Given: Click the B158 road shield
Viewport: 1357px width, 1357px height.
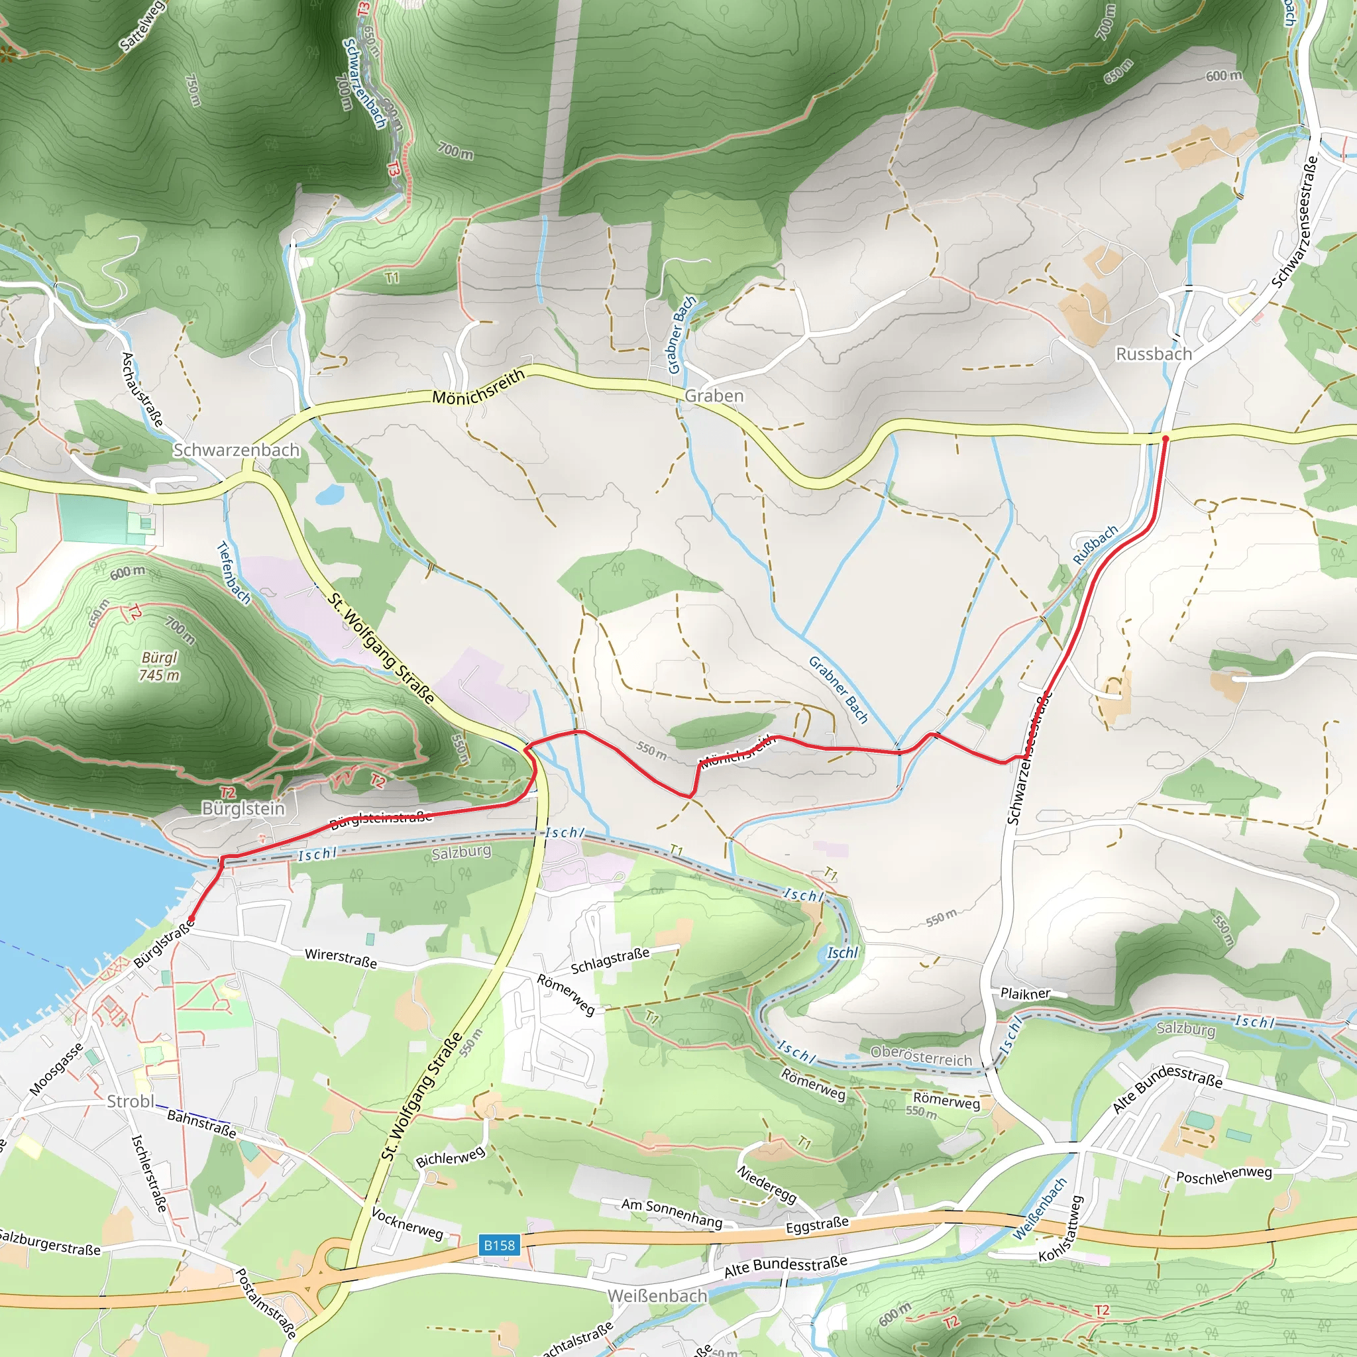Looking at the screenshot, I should [499, 1244].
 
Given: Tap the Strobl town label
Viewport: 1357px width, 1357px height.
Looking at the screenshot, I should [130, 1101].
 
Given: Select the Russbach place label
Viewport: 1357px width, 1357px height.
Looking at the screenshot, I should [1154, 354].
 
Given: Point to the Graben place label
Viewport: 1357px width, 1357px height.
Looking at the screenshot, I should [714, 396].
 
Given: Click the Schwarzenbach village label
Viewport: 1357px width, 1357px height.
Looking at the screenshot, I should [236, 449].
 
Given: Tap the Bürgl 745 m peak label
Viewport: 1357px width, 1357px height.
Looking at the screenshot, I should [160, 666].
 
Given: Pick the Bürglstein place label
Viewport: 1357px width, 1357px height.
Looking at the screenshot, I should [243, 808].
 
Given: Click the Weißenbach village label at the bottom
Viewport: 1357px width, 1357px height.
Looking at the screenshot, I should [656, 1295].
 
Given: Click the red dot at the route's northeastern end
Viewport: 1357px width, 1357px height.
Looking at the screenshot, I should [1165, 438].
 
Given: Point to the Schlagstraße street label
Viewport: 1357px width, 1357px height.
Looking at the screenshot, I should [610, 961].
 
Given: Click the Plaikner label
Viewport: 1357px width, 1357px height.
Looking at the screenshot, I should [1025, 993].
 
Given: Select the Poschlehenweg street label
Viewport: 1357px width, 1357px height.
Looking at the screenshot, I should [1224, 1174].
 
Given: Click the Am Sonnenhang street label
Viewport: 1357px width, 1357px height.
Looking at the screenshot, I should [671, 1213].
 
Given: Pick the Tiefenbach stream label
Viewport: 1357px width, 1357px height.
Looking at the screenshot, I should [233, 572].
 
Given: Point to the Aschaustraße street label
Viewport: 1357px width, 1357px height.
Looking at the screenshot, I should [142, 389].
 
